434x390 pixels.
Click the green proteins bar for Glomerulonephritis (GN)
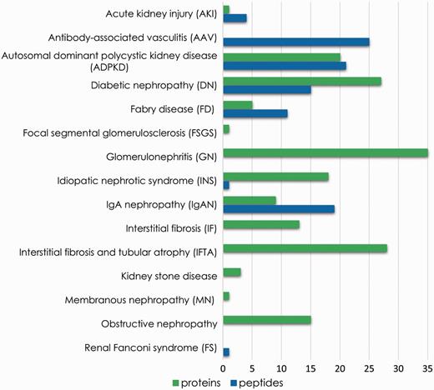[x=325, y=152]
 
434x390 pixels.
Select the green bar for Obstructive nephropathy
[x=267, y=319]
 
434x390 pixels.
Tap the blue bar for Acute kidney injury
[x=235, y=17]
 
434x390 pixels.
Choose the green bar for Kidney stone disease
[x=232, y=272]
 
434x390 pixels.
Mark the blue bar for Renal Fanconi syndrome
[x=226, y=352]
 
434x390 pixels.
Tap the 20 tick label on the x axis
[x=340, y=367]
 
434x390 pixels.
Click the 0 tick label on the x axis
[x=224, y=367]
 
